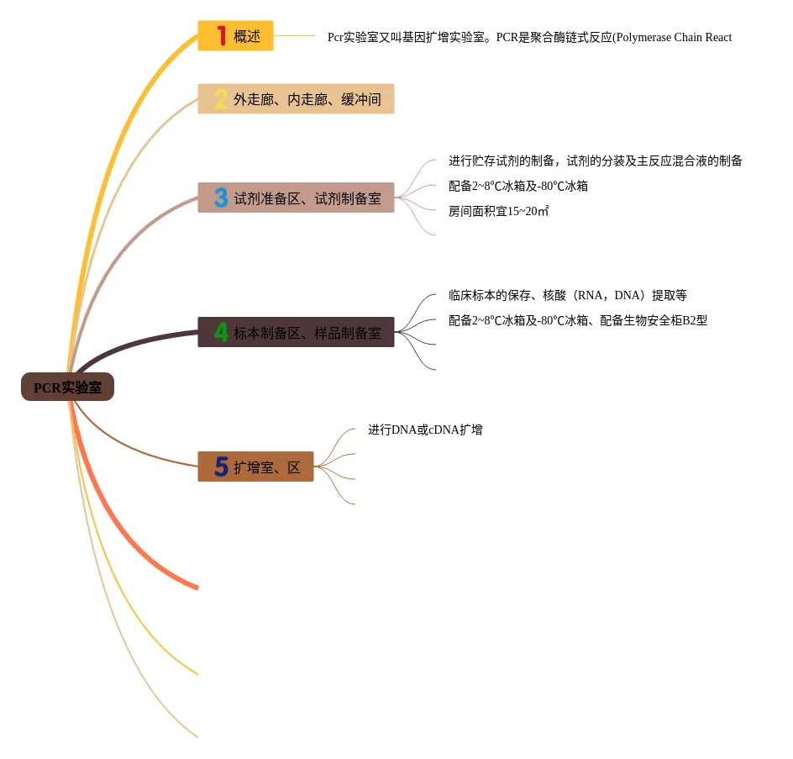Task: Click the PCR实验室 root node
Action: [x=67, y=387]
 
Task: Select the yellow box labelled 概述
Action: [x=236, y=36]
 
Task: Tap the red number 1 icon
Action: [x=222, y=35]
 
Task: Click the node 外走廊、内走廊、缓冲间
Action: [x=296, y=99]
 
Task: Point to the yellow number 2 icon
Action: [x=221, y=99]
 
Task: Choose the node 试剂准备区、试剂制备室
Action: [x=296, y=198]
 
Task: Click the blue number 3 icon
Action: [x=221, y=198]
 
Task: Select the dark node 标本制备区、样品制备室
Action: [x=296, y=332]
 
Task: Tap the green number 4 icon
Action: [x=221, y=332]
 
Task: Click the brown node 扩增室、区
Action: [x=255, y=466]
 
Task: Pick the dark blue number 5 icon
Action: [x=221, y=466]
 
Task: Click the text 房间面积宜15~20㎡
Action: [x=499, y=211]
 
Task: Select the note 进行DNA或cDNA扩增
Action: [x=425, y=430]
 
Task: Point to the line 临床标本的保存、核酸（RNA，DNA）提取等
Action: [x=568, y=295]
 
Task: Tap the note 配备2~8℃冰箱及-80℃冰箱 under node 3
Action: [x=518, y=186]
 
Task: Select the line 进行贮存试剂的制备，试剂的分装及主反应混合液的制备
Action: [x=595, y=161]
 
